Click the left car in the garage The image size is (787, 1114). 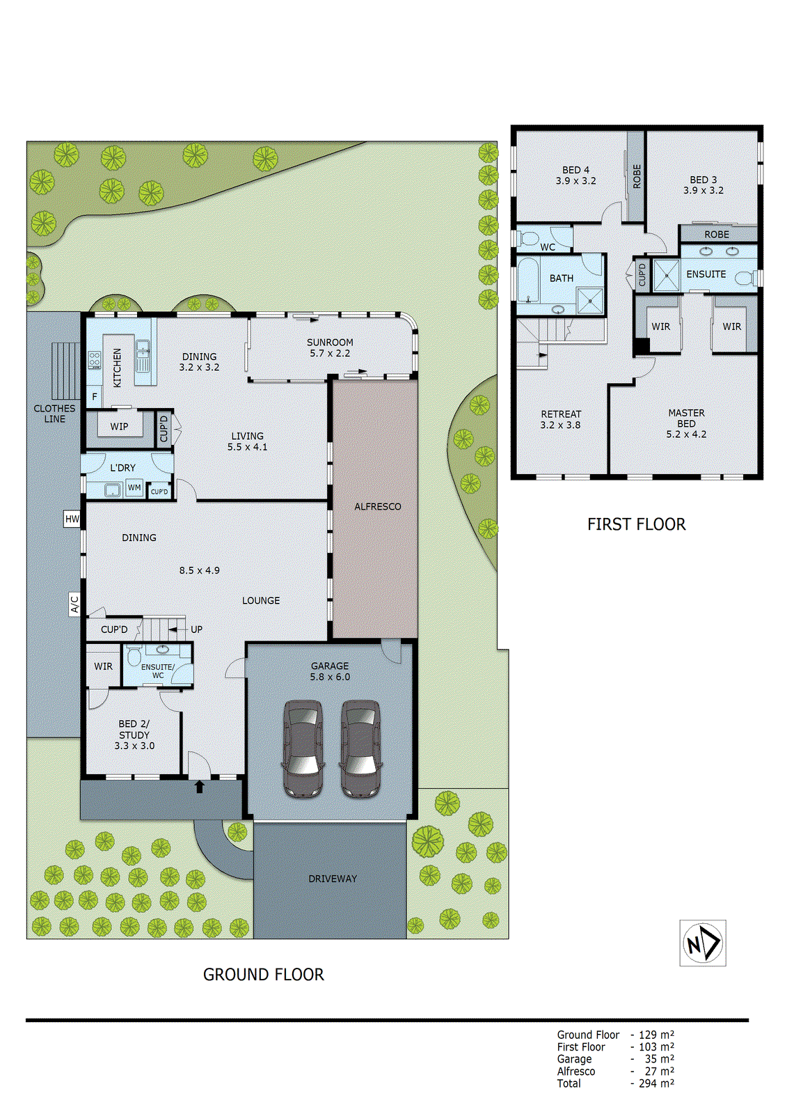(x=303, y=748)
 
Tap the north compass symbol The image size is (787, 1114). (x=703, y=943)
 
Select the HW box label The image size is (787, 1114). (x=72, y=519)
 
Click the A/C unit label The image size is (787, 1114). (x=74, y=604)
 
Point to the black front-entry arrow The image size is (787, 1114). (x=199, y=787)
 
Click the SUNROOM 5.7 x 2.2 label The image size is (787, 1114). (x=330, y=347)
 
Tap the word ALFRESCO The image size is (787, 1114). (x=377, y=507)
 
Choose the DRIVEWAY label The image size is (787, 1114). (x=332, y=879)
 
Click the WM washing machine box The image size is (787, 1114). (x=134, y=488)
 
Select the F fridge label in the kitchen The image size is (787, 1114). (x=95, y=397)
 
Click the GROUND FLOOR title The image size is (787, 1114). (x=263, y=975)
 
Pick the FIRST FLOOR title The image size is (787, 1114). (x=636, y=524)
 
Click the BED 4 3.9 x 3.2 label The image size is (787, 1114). (x=575, y=175)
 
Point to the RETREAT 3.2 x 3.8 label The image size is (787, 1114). (x=560, y=419)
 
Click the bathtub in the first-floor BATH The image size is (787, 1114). (x=529, y=279)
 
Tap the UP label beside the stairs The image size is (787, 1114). (x=196, y=629)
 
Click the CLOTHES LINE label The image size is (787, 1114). (x=54, y=414)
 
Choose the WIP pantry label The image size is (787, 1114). (x=119, y=427)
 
